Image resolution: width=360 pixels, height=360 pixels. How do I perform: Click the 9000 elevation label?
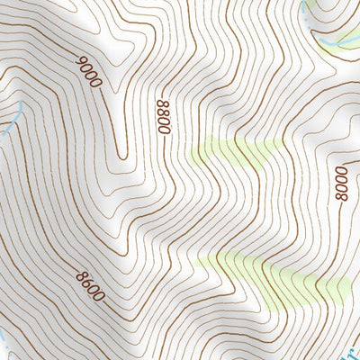coord(90,71)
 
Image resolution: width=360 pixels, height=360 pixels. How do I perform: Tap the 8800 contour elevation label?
coord(163,117)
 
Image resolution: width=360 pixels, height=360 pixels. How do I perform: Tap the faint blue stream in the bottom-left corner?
coord(4,342)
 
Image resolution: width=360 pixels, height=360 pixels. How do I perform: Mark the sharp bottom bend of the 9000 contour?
coord(118,153)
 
